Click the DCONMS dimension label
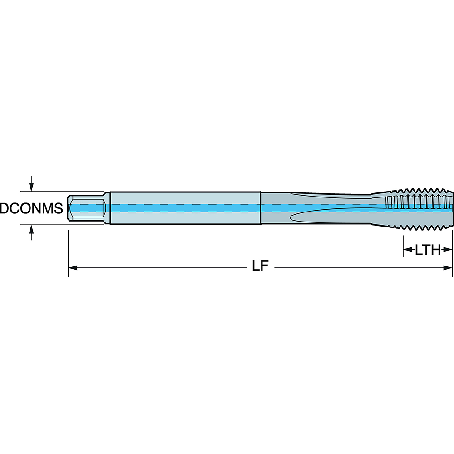tap(31, 209)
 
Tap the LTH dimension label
tap(428, 250)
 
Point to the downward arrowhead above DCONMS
tap(31, 187)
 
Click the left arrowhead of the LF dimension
tap(73, 268)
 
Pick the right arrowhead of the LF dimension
tap(449, 268)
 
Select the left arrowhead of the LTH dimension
tap(407, 249)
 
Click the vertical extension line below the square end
tap(68, 254)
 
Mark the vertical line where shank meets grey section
tap(260, 208)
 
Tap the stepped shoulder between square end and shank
tap(109, 208)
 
